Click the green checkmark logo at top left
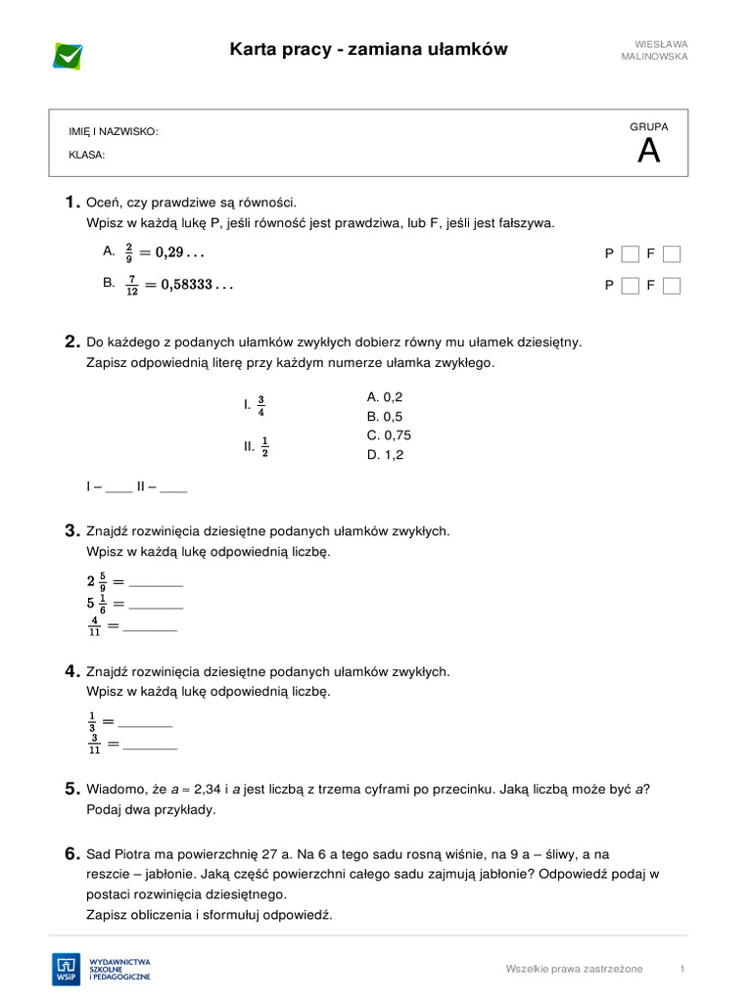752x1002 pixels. coord(69,56)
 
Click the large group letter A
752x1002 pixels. coord(648,152)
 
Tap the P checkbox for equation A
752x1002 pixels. coord(631,254)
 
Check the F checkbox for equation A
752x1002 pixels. coord(672,254)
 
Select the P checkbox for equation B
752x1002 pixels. coord(631,286)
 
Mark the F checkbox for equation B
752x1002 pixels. coord(672,286)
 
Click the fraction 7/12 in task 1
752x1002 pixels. coord(131,285)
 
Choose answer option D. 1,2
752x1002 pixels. coord(385,455)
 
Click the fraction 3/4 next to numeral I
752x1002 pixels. coord(261,405)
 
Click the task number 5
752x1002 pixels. coord(71,789)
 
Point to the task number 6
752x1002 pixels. coord(71,854)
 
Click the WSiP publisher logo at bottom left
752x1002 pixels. coord(102,969)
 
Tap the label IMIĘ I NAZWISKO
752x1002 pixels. coord(113,132)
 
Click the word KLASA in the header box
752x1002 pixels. coord(86,155)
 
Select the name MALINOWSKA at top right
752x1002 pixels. coord(654,57)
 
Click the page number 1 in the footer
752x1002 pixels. coord(681,969)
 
